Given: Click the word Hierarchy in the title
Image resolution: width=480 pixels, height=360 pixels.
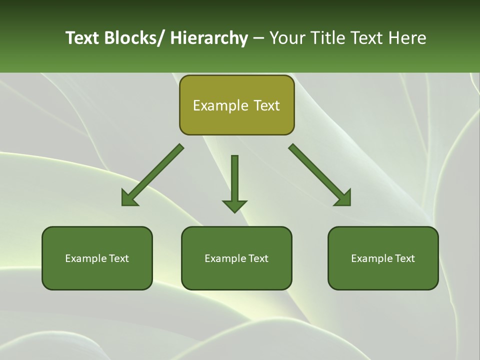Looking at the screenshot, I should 209,38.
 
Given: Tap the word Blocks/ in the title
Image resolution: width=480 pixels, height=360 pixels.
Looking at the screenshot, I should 134,38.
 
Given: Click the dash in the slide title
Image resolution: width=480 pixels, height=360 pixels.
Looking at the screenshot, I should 258,38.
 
